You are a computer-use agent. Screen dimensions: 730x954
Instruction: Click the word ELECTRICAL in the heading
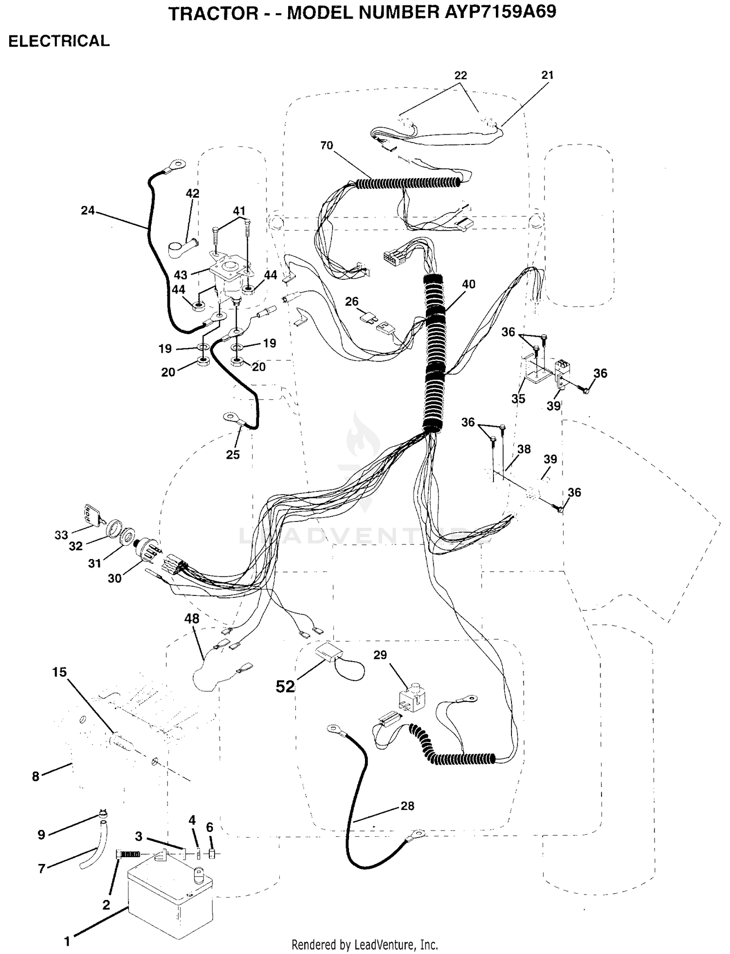(59, 41)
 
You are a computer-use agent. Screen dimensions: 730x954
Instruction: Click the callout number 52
(285, 686)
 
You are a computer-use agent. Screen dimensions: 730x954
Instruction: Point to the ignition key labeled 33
(92, 515)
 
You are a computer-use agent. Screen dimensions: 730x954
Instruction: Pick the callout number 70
(327, 145)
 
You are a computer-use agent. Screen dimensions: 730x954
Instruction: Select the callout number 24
(88, 211)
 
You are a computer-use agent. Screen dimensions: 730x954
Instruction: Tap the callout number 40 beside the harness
(468, 284)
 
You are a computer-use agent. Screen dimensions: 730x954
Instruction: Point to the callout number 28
(407, 806)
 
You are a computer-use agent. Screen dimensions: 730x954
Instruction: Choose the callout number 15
(59, 672)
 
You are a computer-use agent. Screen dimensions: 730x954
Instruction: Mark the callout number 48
(192, 618)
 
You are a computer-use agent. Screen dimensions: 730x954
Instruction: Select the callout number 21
(547, 75)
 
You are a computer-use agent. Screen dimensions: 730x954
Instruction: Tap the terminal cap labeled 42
(183, 246)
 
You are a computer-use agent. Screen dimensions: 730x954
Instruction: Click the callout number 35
(518, 398)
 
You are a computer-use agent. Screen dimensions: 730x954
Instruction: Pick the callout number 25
(233, 454)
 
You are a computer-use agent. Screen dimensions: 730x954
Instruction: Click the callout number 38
(524, 449)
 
